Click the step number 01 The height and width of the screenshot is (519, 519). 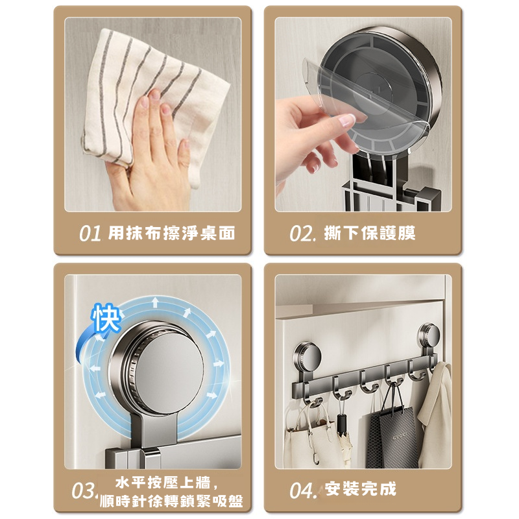coord(90,234)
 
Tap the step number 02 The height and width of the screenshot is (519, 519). coord(301,234)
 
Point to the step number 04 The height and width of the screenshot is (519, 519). coord(301,490)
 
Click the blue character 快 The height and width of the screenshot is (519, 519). coord(106,317)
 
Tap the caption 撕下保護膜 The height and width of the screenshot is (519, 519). coord(370,233)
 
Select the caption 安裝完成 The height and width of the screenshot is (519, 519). coord(361,489)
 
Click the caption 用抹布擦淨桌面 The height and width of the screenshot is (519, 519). coord(172,233)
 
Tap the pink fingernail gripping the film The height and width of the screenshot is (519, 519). coord(347,120)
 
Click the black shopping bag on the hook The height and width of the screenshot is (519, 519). coord(393,437)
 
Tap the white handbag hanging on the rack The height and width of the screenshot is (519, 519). coord(306,437)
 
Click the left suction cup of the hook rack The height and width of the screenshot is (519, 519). coord(307,358)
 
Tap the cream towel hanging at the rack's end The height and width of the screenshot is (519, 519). coord(435,414)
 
